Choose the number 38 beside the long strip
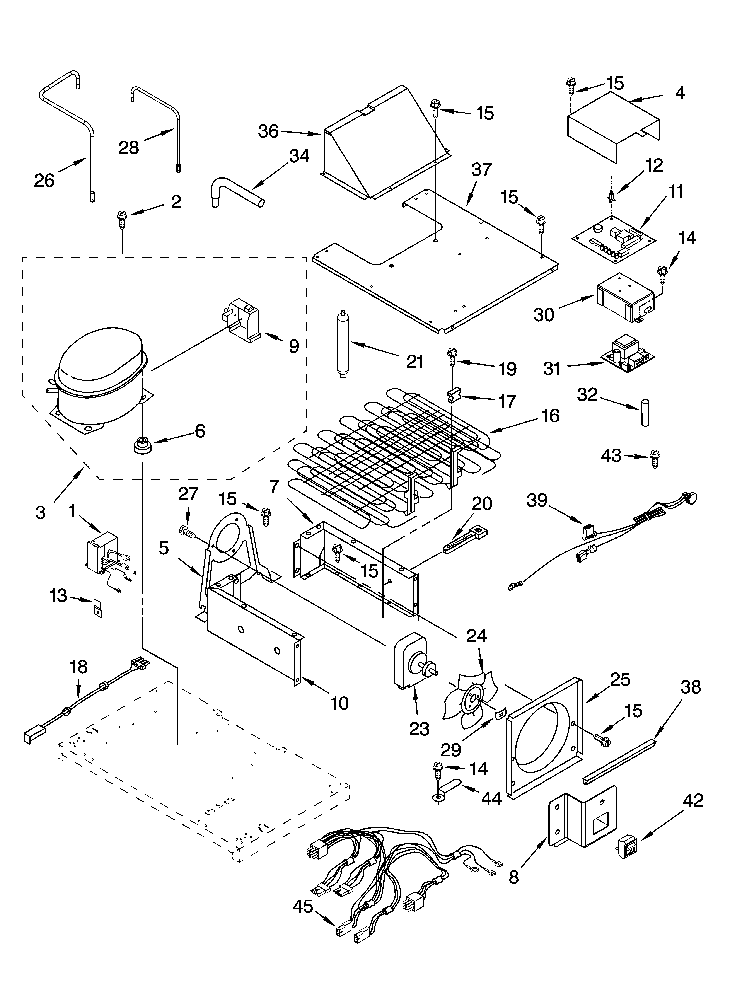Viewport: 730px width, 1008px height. click(691, 687)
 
